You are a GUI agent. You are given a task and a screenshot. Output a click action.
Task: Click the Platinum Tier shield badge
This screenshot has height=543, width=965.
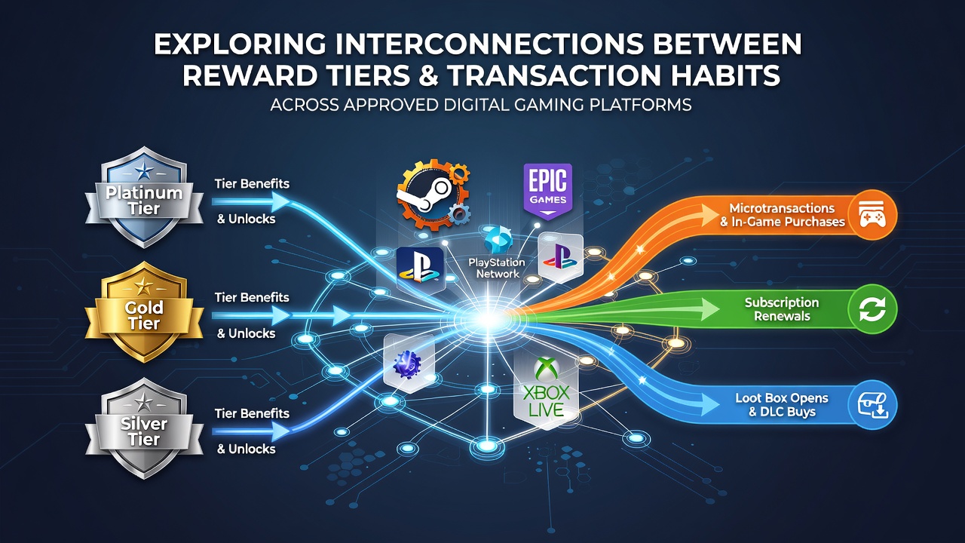coord(144,198)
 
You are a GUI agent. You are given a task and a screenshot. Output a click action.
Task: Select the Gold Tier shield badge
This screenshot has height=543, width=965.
coord(144,312)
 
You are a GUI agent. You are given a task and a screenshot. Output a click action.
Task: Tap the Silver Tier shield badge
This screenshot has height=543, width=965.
coord(144,428)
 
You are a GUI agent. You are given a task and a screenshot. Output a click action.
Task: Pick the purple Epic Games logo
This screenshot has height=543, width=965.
coord(547,191)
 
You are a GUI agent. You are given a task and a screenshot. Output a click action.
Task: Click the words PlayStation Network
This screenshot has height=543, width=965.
coord(497,268)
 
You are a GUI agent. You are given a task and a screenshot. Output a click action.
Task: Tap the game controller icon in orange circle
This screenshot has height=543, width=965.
coord(872,215)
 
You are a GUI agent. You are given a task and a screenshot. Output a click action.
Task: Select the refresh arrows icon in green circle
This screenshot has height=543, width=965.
coord(872,309)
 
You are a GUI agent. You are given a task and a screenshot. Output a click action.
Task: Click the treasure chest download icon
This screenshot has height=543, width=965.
coord(873,405)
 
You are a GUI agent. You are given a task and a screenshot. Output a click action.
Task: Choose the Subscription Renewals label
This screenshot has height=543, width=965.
coord(782,309)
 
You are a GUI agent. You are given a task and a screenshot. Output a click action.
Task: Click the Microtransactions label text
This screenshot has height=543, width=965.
coord(782,208)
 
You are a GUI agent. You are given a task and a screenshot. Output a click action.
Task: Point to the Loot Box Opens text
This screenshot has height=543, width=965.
coord(782,397)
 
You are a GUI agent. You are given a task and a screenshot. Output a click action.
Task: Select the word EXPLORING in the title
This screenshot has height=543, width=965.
coord(239,44)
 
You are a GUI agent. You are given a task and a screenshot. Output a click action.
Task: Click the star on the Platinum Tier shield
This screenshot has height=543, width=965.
coord(143,171)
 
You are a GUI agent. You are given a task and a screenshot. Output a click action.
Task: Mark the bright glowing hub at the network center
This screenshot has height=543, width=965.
coord(488,319)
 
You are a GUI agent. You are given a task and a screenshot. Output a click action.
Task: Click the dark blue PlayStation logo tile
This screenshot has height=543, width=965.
coord(420,269)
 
